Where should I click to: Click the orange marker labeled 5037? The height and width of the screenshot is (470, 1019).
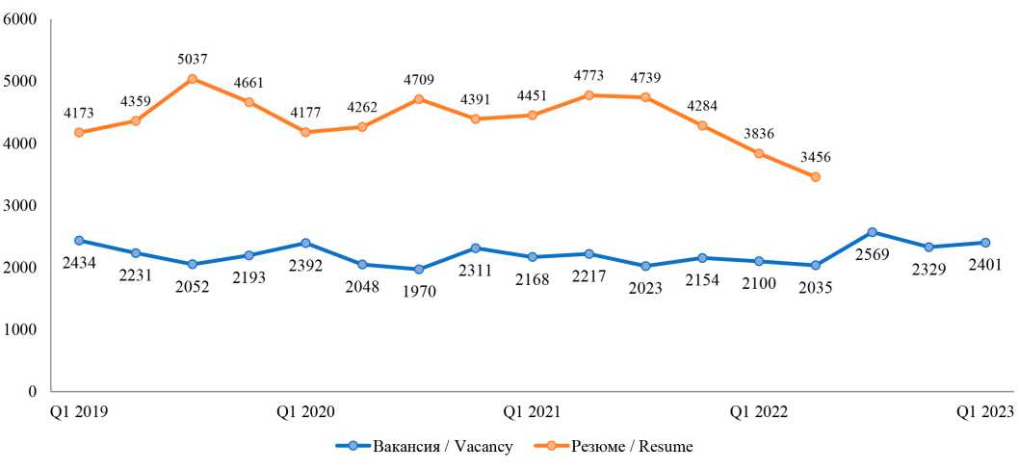[193, 79]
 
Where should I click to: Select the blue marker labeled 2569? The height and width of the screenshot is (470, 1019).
[873, 232]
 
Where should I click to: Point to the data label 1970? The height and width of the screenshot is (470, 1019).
[419, 292]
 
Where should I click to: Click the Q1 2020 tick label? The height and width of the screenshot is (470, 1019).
[305, 412]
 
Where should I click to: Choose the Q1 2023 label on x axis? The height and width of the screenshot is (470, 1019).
[984, 412]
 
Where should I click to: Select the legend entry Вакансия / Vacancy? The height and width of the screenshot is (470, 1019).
[424, 447]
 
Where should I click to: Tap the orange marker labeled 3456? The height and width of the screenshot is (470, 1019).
[816, 177]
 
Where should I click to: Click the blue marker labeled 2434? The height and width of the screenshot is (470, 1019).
[79, 241]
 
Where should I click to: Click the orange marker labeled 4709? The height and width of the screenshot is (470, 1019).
[419, 99]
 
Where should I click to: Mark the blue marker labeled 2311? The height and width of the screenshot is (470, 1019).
[476, 248]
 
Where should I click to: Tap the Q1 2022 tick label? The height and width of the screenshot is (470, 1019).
[758, 412]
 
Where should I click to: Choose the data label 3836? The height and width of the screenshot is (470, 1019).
[759, 133]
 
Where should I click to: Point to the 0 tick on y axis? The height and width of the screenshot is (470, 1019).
[32, 392]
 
